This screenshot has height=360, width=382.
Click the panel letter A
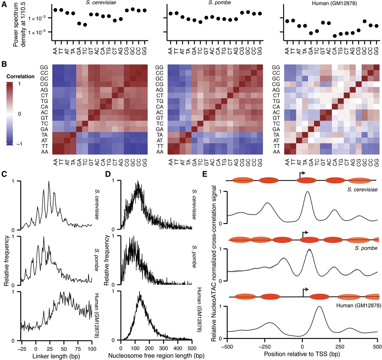tap(4, 5)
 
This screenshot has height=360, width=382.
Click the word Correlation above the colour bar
tap(20, 76)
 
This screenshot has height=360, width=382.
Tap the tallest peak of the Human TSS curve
tap(319, 307)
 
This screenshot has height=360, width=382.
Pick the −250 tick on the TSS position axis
tap(265, 347)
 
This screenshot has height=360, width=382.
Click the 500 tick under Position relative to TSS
tap(378, 347)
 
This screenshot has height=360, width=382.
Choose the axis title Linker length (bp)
tap(56, 356)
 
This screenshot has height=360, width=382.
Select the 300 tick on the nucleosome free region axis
tap(164, 348)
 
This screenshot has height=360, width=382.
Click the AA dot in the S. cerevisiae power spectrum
tap(55, 10)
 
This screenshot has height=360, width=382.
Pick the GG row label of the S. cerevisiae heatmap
tap(44, 68)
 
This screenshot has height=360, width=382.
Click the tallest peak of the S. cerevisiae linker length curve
tap(49, 182)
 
